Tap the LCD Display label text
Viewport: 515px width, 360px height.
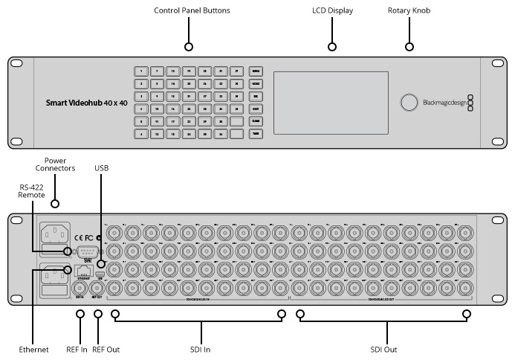[x=332, y=11]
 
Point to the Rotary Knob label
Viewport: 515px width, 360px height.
[x=409, y=11]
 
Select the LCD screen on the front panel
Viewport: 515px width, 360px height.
[x=331, y=103]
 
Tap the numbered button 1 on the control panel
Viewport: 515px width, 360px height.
[x=141, y=71]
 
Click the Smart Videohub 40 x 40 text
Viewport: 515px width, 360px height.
[x=88, y=103]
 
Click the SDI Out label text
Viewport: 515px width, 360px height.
[x=384, y=349]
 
